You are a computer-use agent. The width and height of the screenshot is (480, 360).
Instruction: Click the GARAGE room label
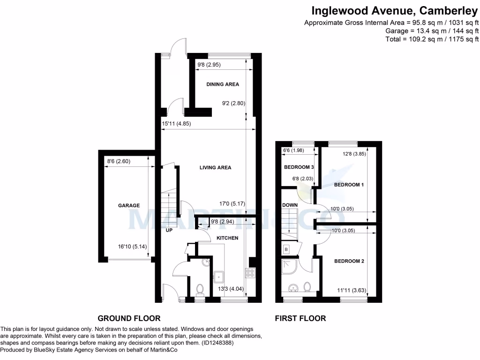[x=128, y=205]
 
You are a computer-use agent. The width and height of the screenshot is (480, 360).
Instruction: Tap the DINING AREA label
[x=223, y=84]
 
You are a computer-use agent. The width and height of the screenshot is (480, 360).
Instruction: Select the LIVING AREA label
[x=215, y=167]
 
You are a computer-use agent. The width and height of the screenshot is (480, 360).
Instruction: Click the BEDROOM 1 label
[x=349, y=185]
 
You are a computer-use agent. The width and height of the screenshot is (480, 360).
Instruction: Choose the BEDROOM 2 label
[x=349, y=261]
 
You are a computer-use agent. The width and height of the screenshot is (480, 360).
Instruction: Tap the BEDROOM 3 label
[x=299, y=167]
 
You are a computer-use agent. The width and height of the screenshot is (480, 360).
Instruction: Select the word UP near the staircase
[x=169, y=230]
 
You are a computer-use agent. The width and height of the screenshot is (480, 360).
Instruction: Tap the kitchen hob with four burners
[x=250, y=272]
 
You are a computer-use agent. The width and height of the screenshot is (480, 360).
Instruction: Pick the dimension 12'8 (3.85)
[x=354, y=153]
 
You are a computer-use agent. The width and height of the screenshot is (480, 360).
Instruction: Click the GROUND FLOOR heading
[x=129, y=318]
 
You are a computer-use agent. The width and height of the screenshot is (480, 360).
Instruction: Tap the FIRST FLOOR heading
[x=300, y=318]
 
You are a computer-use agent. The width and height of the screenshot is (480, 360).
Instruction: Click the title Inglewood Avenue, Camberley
[x=395, y=10]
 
